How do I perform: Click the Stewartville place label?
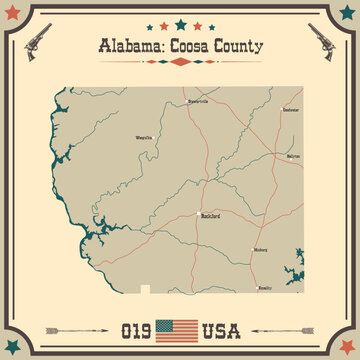[197, 101]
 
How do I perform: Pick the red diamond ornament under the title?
[180, 61]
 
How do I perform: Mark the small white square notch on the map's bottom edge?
[146, 289]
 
